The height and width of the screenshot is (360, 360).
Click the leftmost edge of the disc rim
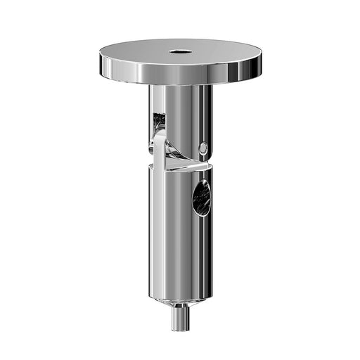pos(100,60)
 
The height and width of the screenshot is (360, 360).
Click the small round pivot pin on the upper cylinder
pos(203,148)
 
